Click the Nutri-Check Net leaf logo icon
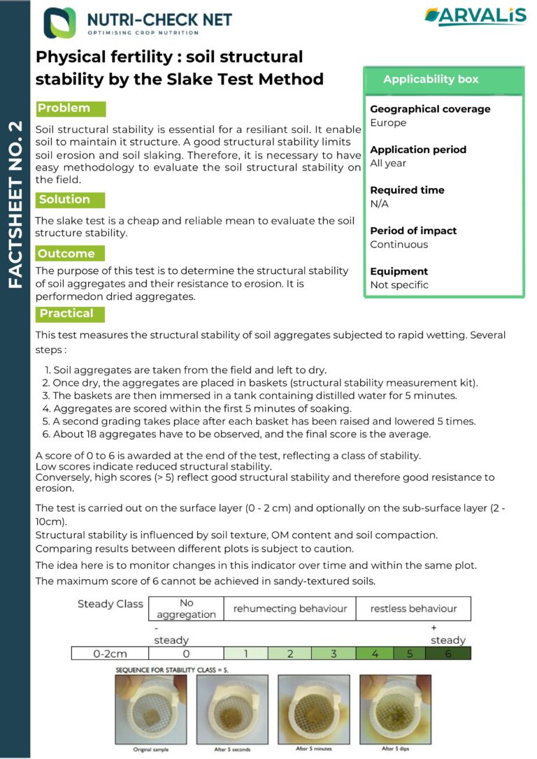[59, 22]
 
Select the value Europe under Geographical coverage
[388, 123]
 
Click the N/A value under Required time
[380, 204]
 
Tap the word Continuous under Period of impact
[399, 245]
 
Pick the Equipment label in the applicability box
[399, 271]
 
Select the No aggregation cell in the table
[187, 609]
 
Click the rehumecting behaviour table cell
[289, 609]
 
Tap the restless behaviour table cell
[413, 609]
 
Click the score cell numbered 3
[334, 654]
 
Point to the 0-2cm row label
[110, 654]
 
